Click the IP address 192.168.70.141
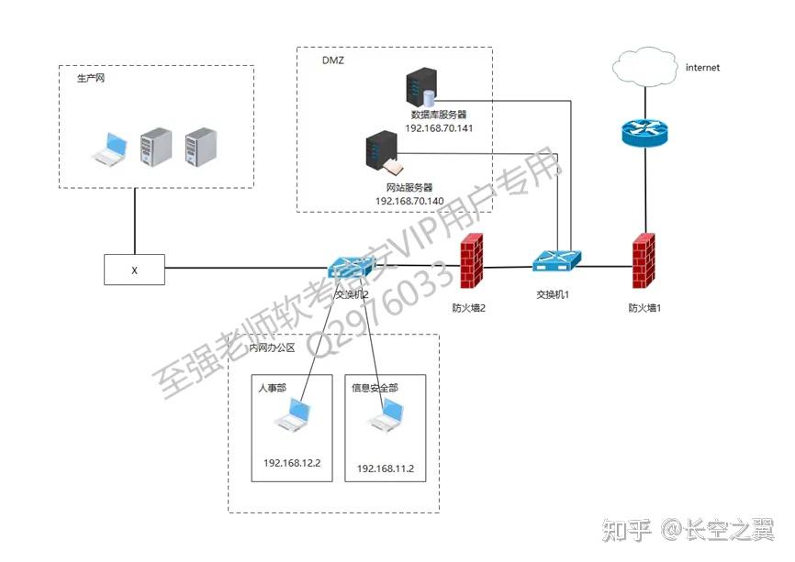(439, 129)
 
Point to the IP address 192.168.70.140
(409, 200)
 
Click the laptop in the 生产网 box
(110, 149)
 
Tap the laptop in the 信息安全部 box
(385, 419)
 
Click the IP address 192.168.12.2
(292, 463)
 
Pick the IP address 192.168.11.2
(386, 468)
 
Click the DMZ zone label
(332, 61)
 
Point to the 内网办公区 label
(273, 348)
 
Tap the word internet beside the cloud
(702, 67)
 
